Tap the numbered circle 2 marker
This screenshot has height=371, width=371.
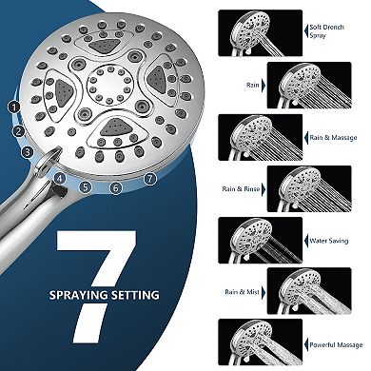tap(19, 131)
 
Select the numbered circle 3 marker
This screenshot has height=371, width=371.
tap(29, 151)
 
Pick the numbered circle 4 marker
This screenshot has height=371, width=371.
tap(60, 177)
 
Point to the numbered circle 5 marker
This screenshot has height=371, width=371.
tap(85, 186)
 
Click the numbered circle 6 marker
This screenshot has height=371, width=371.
tap(116, 188)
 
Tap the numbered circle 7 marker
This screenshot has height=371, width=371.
tap(149, 178)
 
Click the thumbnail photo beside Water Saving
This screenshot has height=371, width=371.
tap(246, 239)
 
